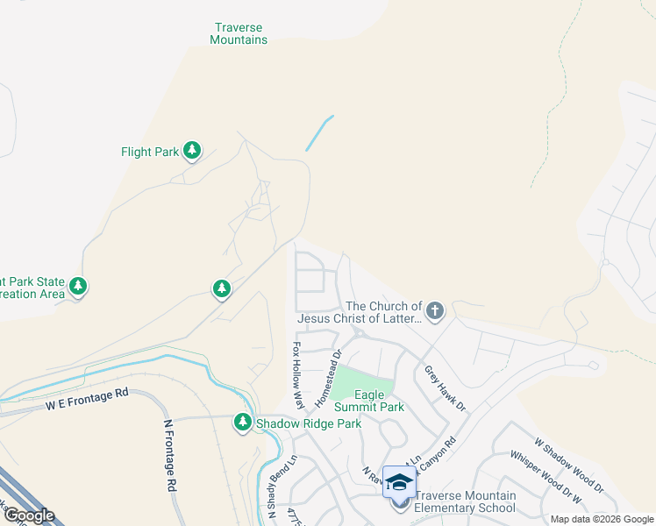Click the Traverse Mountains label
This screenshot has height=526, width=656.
pos(239,33)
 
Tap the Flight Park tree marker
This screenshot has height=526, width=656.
pos(192,152)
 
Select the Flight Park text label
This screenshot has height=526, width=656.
pos(150,152)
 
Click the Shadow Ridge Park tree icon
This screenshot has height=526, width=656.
pos(243,423)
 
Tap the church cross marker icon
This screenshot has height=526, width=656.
pos(435,309)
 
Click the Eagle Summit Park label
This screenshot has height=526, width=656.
pos(380,401)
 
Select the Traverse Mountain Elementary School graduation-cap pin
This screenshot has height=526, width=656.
pos(399,481)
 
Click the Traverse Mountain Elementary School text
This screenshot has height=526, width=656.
pos(465,501)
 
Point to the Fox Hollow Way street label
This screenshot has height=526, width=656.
pos(298,377)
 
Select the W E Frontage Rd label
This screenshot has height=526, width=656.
pos(88,401)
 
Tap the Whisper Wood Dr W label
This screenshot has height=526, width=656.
pos(545,480)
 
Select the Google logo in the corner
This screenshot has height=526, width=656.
pos(29,515)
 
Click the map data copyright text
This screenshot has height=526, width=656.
pos(602,519)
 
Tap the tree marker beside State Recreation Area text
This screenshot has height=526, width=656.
pos(78,287)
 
